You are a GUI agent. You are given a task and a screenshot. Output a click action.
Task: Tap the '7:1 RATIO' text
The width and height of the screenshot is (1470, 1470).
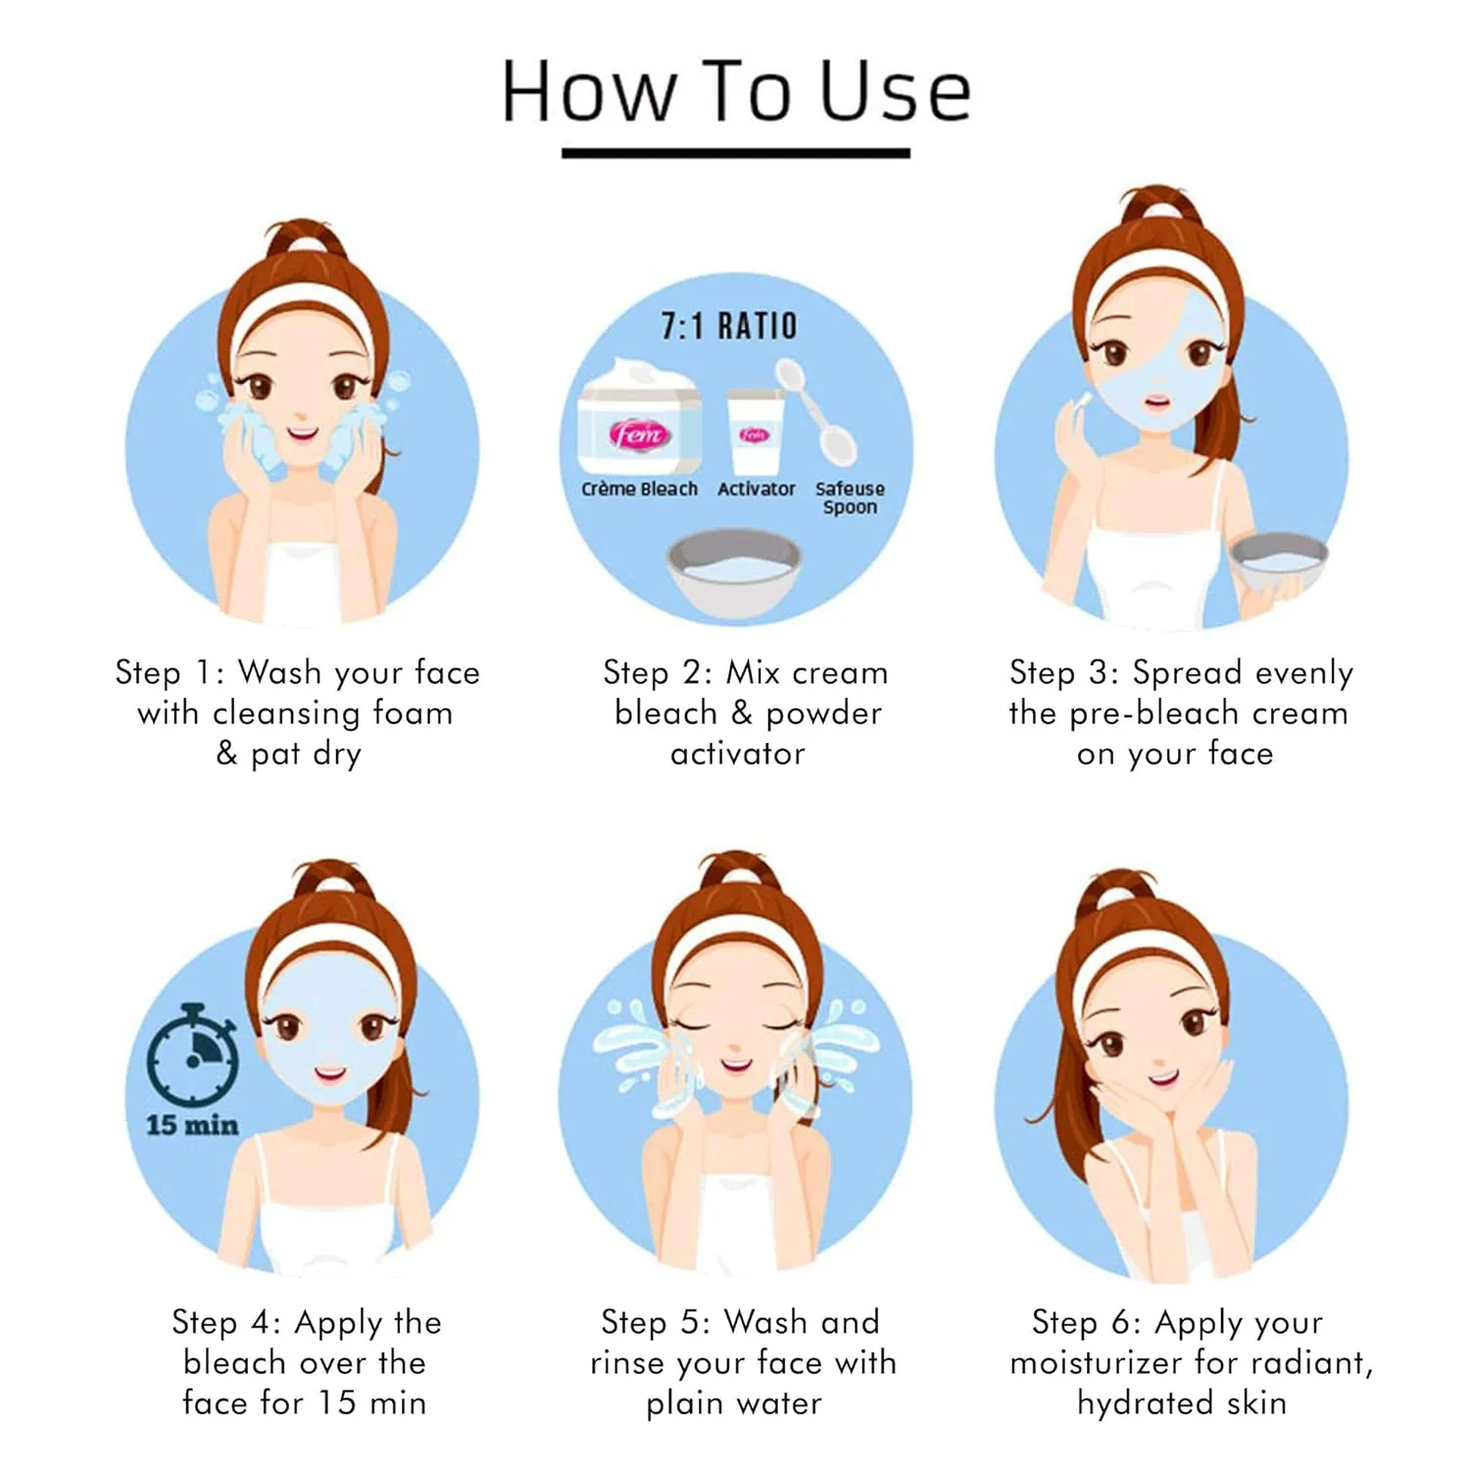point(729,326)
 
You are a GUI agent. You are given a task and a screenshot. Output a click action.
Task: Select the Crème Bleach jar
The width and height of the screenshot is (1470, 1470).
point(639,416)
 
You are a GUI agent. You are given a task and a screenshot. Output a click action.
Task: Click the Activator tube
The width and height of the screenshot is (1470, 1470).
point(755,432)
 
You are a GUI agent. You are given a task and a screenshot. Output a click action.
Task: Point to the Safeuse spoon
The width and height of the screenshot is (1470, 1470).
point(816,413)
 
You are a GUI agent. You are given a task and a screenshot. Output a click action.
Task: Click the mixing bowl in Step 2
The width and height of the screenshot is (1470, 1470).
point(734,573)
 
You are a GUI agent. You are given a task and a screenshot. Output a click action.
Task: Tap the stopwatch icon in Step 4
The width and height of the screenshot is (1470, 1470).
point(193,1054)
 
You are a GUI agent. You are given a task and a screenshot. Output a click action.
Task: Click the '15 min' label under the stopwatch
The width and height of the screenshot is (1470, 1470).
point(192,1125)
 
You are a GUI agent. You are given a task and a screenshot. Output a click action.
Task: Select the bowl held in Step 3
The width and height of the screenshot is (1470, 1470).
point(1278,562)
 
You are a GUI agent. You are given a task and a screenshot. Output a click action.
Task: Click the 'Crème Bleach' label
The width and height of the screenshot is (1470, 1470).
point(639,489)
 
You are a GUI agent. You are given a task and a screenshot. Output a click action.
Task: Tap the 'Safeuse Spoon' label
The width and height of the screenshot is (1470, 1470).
point(850,498)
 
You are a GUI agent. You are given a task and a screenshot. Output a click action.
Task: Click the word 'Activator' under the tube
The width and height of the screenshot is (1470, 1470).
point(756,489)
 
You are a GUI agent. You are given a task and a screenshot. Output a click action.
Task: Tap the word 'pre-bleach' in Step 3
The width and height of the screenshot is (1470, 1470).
point(1153,713)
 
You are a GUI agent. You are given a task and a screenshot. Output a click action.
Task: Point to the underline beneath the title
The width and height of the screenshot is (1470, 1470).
point(736,153)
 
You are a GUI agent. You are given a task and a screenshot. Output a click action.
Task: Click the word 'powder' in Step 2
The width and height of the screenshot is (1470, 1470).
point(823,713)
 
